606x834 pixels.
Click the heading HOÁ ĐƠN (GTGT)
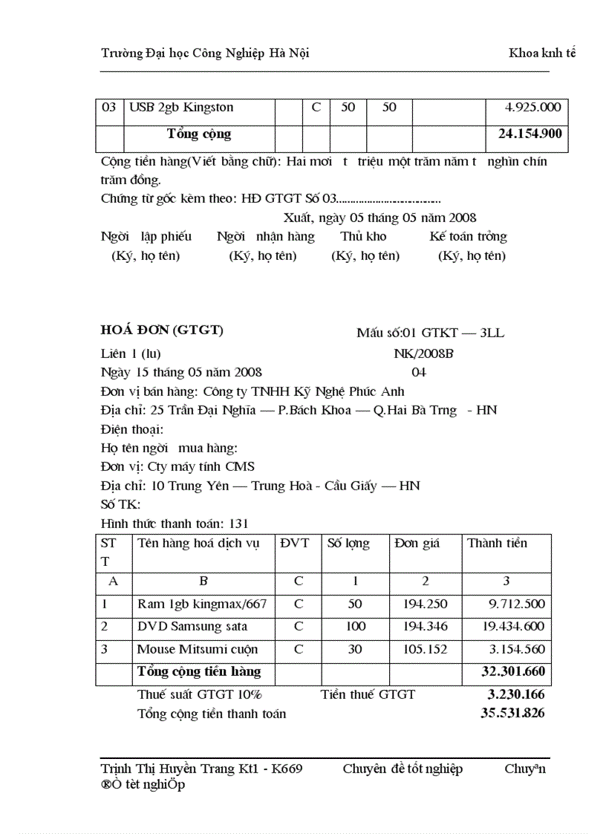pyautogui.click(x=162, y=330)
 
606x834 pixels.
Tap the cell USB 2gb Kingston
pyautogui.click(x=181, y=108)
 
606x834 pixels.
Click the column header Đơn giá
pyautogui.click(x=417, y=544)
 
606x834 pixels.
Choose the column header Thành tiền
pyautogui.click(x=497, y=544)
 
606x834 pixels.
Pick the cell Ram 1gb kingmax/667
pyautogui.click(x=202, y=604)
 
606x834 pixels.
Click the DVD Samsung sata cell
pyautogui.click(x=192, y=627)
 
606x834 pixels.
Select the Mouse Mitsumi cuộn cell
pyautogui.click(x=198, y=650)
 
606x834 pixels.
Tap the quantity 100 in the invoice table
pyautogui.click(x=356, y=627)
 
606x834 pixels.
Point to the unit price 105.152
pyautogui.click(x=426, y=650)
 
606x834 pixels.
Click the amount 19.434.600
pyautogui.click(x=513, y=627)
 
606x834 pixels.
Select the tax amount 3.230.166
pyautogui.click(x=516, y=695)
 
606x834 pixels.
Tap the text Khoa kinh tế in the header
pyautogui.click(x=542, y=53)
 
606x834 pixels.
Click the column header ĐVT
pyautogui.click(x=295, y=544)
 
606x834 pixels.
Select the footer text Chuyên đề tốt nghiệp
pyautogui.click(x=403, y=769)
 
